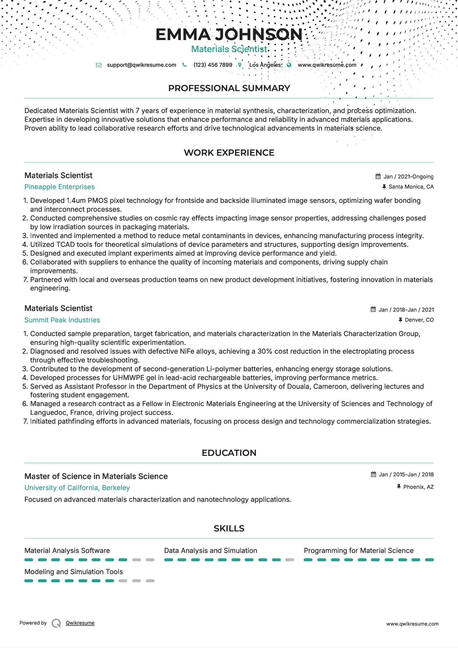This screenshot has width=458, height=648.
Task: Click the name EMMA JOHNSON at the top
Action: pyautogui.click(x=229, y=35)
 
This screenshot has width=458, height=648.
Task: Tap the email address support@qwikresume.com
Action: pyautogui.click(x=141, y=65)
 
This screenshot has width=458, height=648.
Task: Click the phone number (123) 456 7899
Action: pyautogui.click(x=213, y=65)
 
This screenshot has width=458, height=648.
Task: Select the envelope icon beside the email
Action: pyautogui.click(x=99, y=65)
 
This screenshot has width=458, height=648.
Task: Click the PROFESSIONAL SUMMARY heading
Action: pyautogui.click(x=229, y=88)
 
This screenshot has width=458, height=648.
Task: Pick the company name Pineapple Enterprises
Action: pyautogui.click(x=60, y=187)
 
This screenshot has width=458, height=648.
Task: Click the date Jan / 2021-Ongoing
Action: pyautogui.click(x=408, y=176)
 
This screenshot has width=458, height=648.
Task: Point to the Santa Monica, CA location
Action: pyautogui.click(x=411, y=187)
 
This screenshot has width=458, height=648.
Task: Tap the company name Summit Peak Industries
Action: pyautogui.click(x=62, y=320)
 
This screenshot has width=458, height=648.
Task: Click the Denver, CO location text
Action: pyautogui.click(x=419, y=320)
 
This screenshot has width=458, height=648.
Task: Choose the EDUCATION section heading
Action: pyautogui.click(x=229, y=453)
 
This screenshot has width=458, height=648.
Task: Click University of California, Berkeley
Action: pyautogui.click(x=77, y=488)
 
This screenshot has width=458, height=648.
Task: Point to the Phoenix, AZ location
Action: pyautogui.click(x=418, y=487)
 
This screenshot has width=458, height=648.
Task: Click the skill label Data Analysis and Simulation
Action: pyautogui.click(x=210, y=551)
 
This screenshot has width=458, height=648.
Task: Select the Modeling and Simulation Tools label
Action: pyautogui.click(x=74, y=572)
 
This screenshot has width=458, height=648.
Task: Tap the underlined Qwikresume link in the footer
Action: pyautogui.click(x=80, y=623)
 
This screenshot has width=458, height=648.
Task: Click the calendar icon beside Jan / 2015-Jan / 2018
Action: pyautogui.click(x=373, y=475)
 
